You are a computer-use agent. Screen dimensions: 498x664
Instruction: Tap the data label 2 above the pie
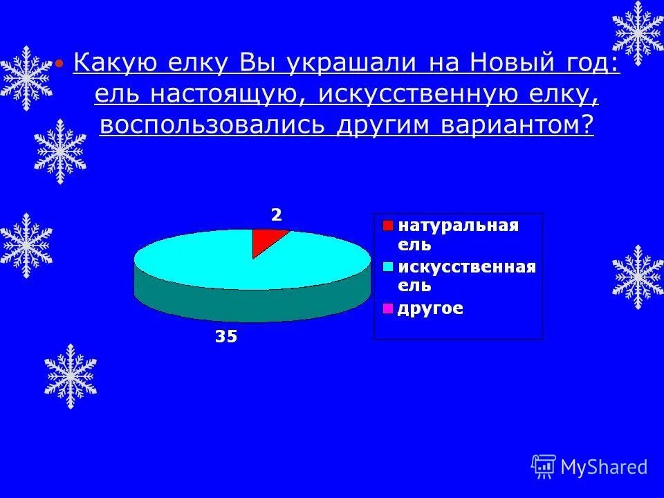tap(276, 215)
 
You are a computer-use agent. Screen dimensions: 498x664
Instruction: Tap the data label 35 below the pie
tap(225, 337)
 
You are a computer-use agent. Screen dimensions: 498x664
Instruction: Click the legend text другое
tap(430, 308)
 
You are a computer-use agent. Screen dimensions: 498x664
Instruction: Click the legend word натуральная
tap(457, 226)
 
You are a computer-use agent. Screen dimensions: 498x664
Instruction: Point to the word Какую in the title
tap(116, 64)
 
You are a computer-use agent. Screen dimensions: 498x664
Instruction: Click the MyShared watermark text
tap(604, 467)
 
